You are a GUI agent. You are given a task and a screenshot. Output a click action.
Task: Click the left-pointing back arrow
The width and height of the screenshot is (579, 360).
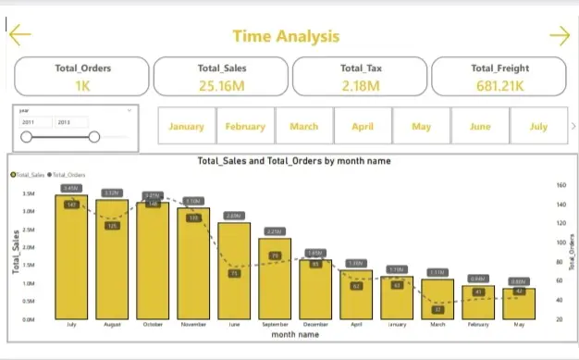point(19,35)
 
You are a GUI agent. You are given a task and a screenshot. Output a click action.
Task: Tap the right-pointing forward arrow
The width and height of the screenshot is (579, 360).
point(560,35)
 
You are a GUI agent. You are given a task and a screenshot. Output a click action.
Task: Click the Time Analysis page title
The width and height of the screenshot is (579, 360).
point(286,36)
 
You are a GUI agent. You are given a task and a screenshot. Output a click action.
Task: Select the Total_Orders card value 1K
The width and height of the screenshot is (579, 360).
point(81,85)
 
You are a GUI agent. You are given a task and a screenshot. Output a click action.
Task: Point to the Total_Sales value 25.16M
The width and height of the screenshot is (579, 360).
point(221,85)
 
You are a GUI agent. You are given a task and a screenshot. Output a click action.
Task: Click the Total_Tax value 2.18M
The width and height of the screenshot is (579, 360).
point(360,85)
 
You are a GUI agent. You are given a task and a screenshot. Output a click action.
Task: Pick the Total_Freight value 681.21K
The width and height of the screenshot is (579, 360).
point(499,85)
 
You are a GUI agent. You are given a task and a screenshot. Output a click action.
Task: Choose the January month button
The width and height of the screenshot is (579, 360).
point(187,127)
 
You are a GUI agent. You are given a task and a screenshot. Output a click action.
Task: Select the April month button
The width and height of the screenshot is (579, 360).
point(363,127)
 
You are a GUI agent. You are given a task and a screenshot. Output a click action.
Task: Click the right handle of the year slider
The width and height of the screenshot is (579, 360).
point(94,137)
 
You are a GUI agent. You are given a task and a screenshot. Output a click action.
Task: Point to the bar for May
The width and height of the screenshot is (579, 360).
point(518,304)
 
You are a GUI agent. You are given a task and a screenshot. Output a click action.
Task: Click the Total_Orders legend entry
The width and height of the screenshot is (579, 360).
point(65,174)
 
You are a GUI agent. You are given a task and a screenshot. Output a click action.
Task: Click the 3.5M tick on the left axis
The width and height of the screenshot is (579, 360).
point(28,194)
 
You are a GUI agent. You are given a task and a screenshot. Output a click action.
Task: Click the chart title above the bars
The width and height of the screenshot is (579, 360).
point(294,161)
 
